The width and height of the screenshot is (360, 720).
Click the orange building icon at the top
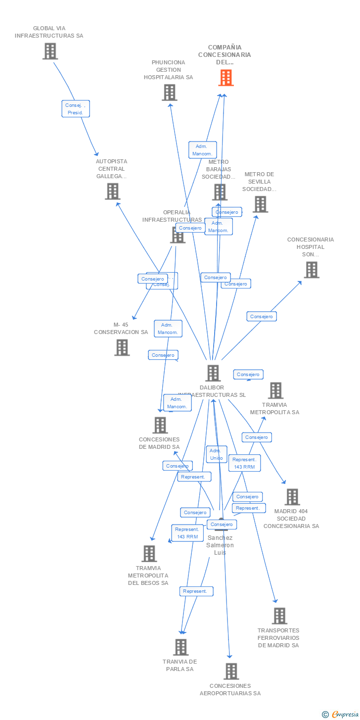point(226,78)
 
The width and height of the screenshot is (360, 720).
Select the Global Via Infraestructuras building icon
point(50,51)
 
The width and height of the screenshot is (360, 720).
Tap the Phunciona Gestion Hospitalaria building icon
point(169,92)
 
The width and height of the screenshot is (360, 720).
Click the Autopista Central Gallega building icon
point(112,191)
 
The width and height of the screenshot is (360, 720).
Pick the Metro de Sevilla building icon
point(260,204)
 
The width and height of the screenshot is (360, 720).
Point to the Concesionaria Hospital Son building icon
point(311,270)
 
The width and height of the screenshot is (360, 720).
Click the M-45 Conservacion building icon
point(122,347)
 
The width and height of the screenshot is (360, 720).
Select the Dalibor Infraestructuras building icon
point(213,373)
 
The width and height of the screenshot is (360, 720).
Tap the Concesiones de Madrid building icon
point(160,425)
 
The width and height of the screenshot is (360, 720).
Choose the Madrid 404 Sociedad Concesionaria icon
point(292,497)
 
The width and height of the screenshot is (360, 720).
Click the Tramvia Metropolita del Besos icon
point(149,554)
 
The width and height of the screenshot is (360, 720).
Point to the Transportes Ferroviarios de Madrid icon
point(279,616)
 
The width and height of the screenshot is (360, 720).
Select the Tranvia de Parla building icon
point(180,647)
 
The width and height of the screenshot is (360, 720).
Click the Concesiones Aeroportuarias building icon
point(231,672)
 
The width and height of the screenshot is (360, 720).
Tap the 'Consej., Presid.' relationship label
point(76,109)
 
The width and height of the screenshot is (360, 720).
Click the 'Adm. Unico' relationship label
point(216,454)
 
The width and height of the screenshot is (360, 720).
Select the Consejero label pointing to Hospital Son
point(262,316)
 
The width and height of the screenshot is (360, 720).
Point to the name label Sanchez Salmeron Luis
point(220,545)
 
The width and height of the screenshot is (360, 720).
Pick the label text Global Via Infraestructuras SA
point(49,32)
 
